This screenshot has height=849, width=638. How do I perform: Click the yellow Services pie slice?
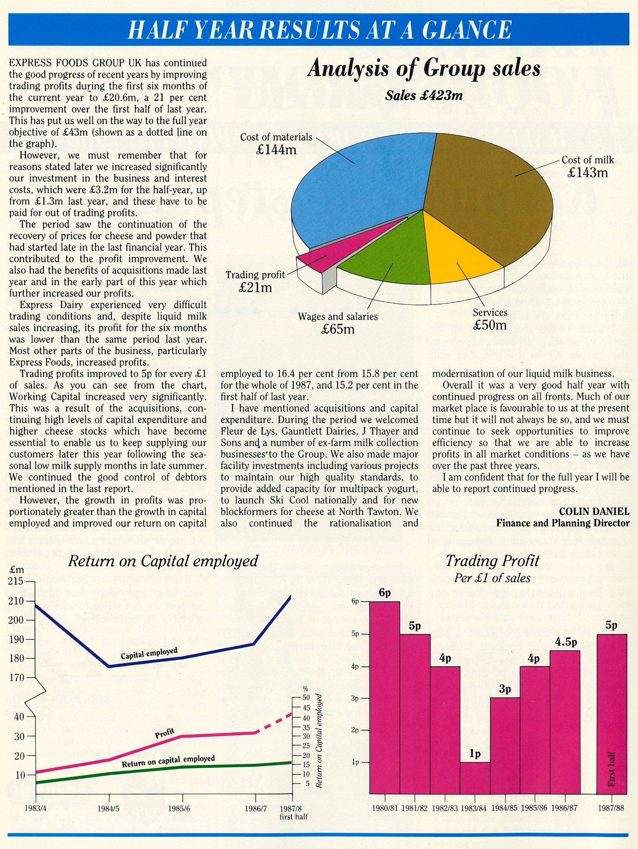[460, 253]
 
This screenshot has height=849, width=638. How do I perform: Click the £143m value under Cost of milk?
[587, 172]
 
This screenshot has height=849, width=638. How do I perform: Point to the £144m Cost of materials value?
[276, 150]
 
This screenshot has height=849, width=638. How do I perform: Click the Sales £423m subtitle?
[423, 96]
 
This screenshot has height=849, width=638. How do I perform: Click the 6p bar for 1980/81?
[385, 696]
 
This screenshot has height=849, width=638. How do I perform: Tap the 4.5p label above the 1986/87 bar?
[566, 642]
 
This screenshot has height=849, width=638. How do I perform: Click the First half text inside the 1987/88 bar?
[611, 769]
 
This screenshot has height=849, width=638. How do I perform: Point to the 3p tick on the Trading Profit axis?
[355, 698]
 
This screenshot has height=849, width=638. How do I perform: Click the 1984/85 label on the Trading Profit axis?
[504, 808]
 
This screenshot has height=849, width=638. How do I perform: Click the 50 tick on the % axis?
[305, 698]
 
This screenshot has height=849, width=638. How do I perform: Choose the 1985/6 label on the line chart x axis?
[179, 808]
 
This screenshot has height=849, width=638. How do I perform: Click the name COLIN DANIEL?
[594, 511]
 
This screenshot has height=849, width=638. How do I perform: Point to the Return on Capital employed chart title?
[163, 561]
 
